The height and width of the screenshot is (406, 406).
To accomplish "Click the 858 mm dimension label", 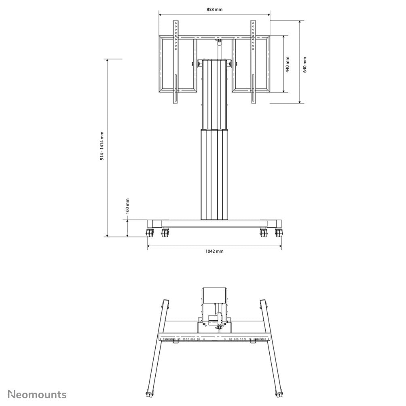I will point(214,9).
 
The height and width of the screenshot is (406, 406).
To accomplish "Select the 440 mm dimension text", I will point(288,64).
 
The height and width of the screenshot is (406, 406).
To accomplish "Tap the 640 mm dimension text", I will point(305,64).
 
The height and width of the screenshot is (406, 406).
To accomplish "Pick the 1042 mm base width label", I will point(214,251).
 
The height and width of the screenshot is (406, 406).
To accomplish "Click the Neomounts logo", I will point(38,394).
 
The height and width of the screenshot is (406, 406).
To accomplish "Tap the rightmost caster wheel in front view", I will point(278,233).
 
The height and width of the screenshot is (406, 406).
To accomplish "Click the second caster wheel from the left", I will point(165,233).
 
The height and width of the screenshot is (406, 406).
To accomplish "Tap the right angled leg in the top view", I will point(270,348).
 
